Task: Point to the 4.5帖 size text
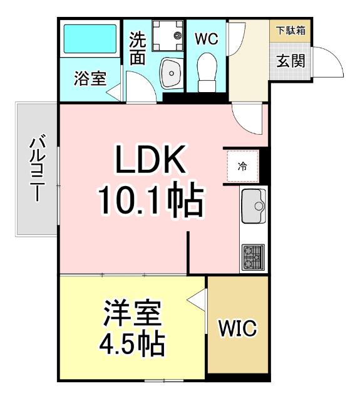tap(133, 343)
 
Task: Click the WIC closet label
tap(237, 329)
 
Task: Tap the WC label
tap(205, 39)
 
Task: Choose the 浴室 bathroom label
tap(90, 78)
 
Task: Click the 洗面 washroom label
tap(138, 48)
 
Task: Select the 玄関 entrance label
tap(291, 61)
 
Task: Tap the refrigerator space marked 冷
tap(242, 167)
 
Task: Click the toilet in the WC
tap(205, 71)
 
